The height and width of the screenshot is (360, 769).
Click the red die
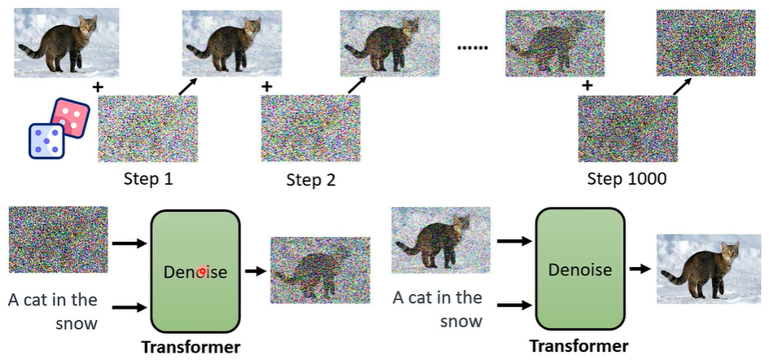(x=71, y=117)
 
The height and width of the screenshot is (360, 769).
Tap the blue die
(x=47, y=140)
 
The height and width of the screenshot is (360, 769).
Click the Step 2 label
(x=310, y=179)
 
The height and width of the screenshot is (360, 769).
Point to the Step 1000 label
(x=626, y=178)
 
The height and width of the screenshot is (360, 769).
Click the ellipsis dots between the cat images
(x=472, y=48)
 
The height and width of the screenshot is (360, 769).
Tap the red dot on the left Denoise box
(x=201, y=271)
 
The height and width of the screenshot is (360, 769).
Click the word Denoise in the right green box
(x=580, y=270)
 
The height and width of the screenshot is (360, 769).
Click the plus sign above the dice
(x=98, y=86)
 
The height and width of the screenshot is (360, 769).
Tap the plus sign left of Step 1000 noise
(x=587, y=85)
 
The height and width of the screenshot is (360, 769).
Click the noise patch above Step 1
(x=147, y=129)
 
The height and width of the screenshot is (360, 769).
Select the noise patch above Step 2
(x=310, y=129)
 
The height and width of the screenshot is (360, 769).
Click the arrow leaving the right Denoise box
(x=639, y=268)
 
